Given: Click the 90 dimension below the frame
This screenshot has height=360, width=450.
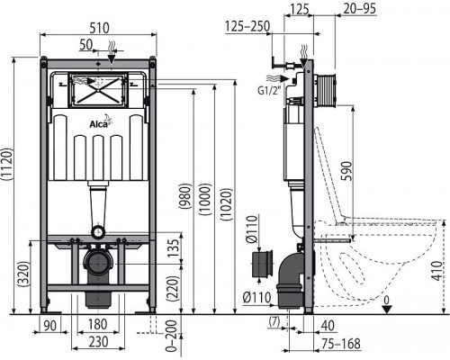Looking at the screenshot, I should coord(51,326).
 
